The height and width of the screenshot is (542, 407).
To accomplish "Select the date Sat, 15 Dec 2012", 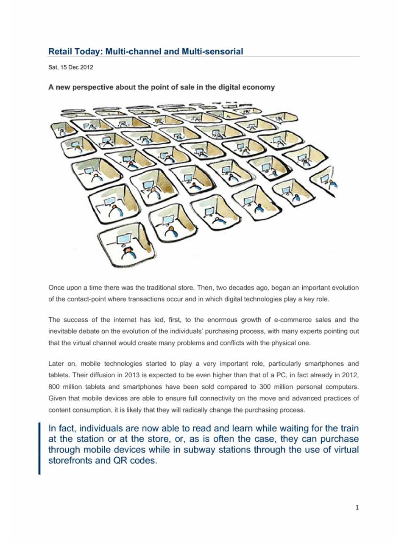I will pos(71,67).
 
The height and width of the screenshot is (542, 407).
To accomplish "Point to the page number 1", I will pos(357,507).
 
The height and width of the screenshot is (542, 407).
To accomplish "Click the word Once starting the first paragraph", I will pos(57,288).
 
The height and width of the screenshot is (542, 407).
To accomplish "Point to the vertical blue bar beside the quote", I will pos(40,448).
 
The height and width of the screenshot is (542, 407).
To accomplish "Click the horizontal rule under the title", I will pos(204,57).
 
